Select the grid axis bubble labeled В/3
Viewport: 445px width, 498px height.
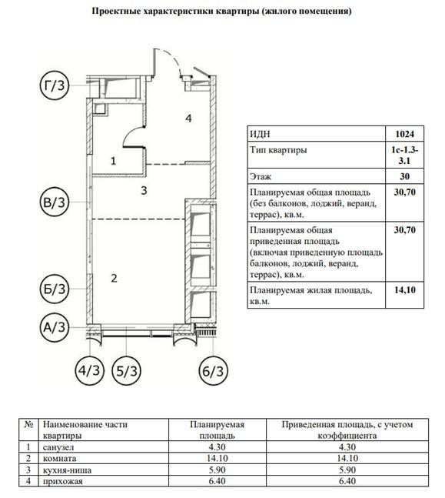[54, 204]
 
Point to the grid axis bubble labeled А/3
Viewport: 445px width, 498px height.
[54, 329]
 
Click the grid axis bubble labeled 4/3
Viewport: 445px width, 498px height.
[91, 370]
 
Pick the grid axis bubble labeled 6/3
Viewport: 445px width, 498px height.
[215, 370]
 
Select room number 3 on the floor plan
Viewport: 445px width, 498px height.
[143, 188]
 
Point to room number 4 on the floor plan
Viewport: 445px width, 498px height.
[187, 118]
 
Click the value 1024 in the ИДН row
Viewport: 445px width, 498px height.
[403, 133]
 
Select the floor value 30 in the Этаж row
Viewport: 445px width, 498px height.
[403, 176]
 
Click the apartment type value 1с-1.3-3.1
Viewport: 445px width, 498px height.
[403, 155]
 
